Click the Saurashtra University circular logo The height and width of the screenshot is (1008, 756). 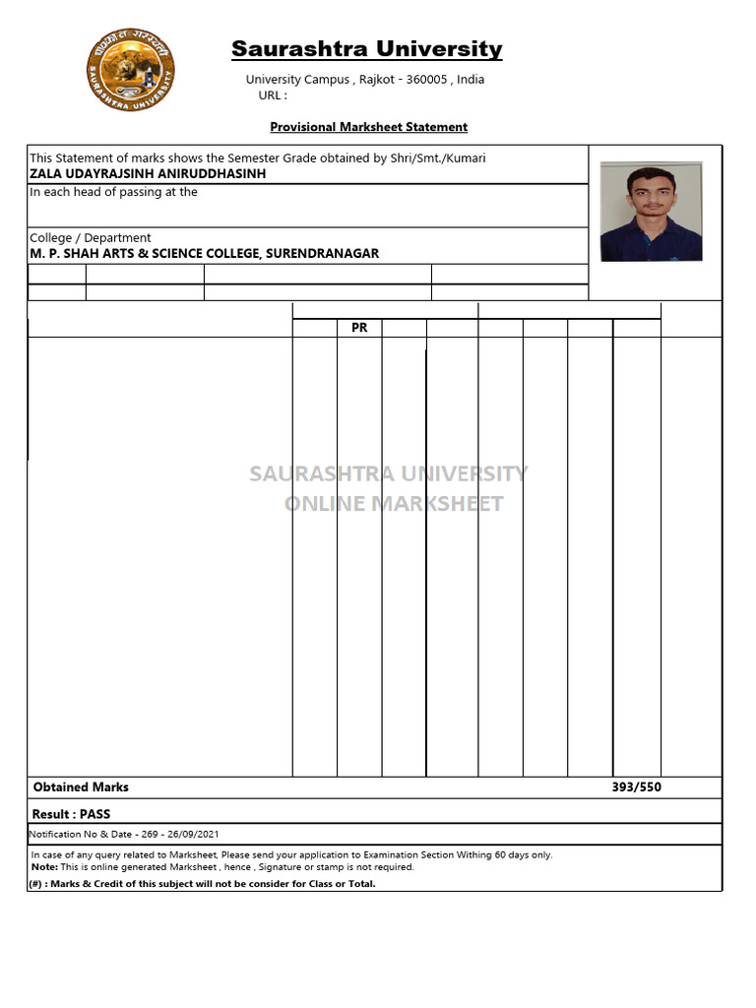coord(131,70)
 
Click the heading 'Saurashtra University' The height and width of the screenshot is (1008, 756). coord(366,49)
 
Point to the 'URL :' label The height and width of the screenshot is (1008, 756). coord(273,95)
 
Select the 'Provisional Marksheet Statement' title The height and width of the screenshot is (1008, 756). coord(369,127)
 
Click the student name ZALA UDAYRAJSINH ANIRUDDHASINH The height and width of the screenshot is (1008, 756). coord(148,173)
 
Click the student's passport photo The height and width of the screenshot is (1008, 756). coord(651,212)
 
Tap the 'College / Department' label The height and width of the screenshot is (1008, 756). coord(91,237)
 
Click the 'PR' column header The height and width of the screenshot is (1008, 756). coord(359,328)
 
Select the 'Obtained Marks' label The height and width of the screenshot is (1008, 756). coord(81,787)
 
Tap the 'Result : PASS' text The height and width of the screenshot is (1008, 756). coord(71,814)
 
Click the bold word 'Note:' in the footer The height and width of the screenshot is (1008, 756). coord(44,867)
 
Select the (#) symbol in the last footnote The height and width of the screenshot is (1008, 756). coord(35,884)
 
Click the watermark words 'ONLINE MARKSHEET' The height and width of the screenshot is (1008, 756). coord(394,504)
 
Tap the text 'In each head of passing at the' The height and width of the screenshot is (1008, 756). coord(113,192)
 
